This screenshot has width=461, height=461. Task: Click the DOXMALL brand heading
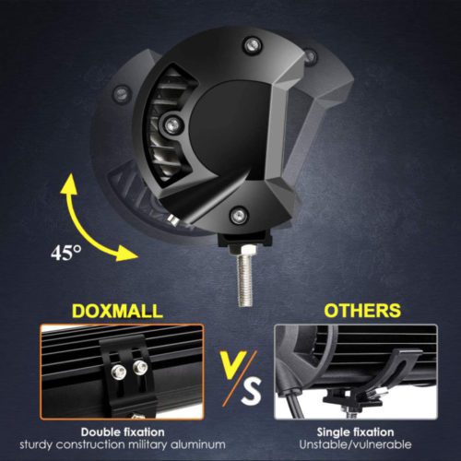[x=117, y=311]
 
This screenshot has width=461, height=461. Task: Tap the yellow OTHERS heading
[x=362, y=311]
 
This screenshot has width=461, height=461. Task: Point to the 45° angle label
[x=66, y=253]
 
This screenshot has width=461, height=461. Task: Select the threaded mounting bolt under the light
[x=245, y=274]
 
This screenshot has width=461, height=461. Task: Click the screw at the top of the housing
[x=252, y=45]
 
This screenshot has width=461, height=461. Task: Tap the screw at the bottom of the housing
[x=239, y=214]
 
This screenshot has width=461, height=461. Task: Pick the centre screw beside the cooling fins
[x=172, y=124]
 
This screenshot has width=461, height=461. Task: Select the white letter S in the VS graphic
[x=251, y=391]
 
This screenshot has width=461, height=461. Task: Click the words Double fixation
[x=123, y=432]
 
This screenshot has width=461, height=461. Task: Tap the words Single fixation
[x=355, y=432]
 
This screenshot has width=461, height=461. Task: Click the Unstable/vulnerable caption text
[x=355, y=444]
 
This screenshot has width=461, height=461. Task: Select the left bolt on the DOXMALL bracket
[x=119, y=372]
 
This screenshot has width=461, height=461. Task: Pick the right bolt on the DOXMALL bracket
[x=140, y=366]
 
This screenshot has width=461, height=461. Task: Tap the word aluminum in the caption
[x=198, y=444]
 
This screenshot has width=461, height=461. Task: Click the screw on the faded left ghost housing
[x=121, y=92]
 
